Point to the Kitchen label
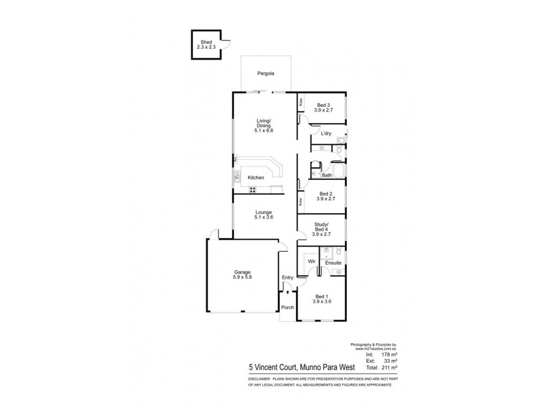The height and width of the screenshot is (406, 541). [x=256, y=177]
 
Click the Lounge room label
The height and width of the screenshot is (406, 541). [x=264, y=212]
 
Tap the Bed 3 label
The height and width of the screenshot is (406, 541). [x=324, y=105]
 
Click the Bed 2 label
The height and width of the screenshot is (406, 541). [x=323, y=194]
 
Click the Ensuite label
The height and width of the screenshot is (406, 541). [x=333, y=262]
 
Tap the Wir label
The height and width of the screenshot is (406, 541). [x=312, y=261]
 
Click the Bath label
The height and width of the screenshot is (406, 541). [x=327, y=175]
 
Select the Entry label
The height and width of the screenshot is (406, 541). [x=288, y=277]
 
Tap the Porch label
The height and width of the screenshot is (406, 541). [x=288, y=308]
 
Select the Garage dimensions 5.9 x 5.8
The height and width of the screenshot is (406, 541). [x=241, y=277]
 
